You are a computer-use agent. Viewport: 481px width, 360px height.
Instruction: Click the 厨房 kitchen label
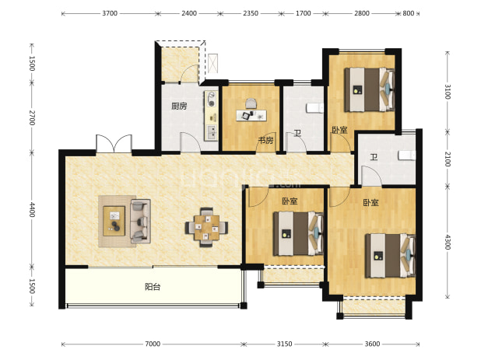pos(179,107)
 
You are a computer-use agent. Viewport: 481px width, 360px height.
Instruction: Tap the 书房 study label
pos(265,141)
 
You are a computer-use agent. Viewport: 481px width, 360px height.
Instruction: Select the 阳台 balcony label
pos(153,287)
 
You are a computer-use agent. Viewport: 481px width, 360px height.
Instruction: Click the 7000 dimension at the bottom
pos(153,344)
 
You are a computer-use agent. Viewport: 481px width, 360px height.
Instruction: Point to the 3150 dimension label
pos(284,344)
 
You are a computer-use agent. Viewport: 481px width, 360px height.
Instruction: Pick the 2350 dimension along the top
pos(251,13)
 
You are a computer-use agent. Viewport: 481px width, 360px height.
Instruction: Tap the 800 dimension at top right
pos(409,13)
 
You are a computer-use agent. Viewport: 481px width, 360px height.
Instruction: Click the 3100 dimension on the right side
pos(448,91)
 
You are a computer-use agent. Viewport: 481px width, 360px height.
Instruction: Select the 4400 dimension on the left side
pos(32,210)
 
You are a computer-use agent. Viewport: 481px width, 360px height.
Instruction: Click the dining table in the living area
pos(206,227)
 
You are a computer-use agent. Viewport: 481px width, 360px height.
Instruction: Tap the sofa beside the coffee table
pos(141,221)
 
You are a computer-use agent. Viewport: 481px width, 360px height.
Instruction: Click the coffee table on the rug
pos(114,221)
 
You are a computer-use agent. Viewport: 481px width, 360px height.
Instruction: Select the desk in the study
pos(251,115)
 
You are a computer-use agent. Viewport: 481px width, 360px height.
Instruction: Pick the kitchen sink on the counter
pos(212,131)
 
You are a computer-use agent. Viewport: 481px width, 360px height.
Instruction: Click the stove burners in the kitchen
pos(212,99)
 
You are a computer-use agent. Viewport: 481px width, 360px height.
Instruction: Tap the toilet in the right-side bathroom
pos(407,156)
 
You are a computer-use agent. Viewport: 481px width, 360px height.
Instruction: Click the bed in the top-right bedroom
pos(370,89)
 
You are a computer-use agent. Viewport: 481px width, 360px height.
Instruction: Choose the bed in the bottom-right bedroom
pos(390,256)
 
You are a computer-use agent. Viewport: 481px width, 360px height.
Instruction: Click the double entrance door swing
pos(114,143)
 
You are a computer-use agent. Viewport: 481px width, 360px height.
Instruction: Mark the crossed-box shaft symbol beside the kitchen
pos(213,64)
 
